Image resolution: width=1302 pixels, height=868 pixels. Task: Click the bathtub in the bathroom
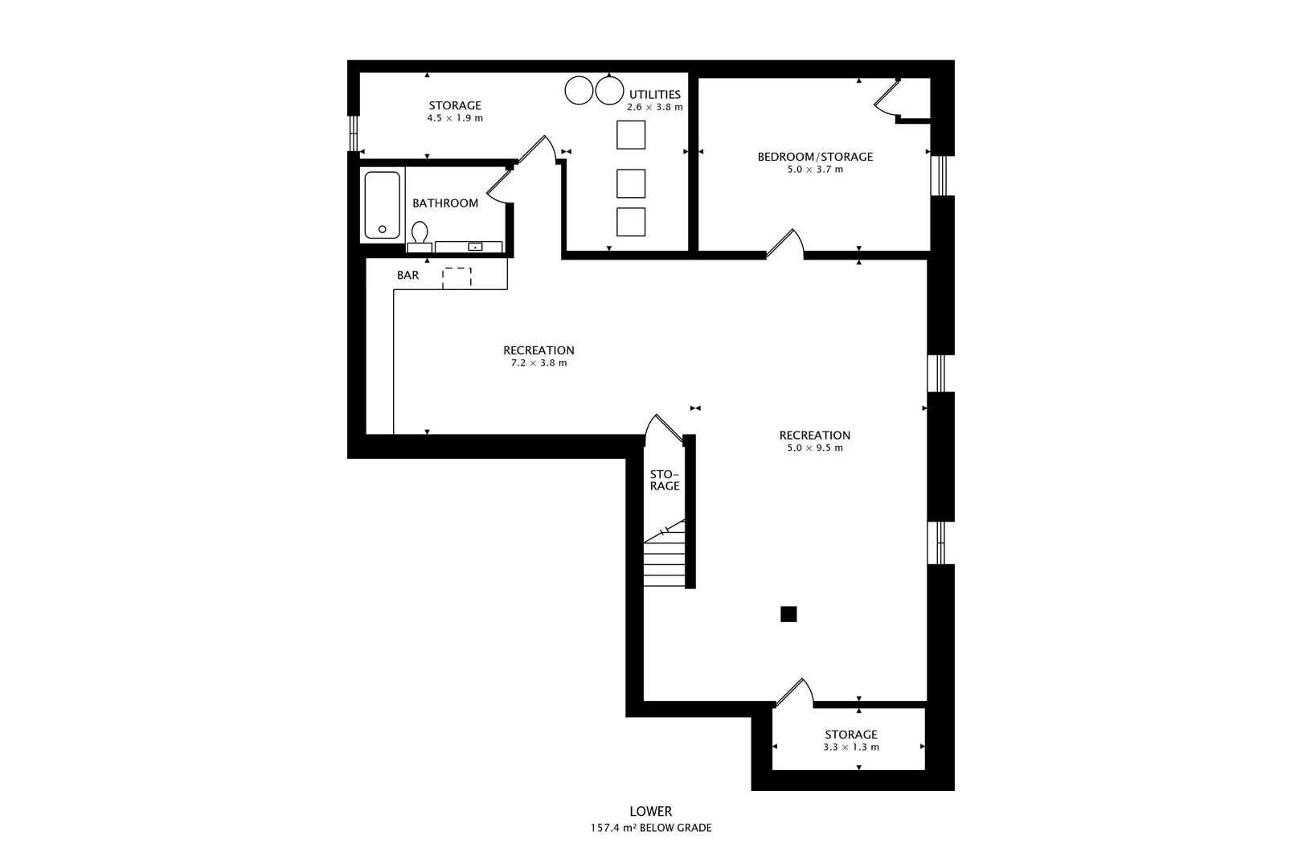click(382, 205)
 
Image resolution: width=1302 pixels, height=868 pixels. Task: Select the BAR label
click(408, 275)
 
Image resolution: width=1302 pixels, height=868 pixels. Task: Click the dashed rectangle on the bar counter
click(457, 277)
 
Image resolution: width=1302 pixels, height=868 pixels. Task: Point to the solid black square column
click(788, 614)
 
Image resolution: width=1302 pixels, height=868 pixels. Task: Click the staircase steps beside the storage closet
click(665, 557)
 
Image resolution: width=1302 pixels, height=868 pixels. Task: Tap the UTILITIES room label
click(655, 94)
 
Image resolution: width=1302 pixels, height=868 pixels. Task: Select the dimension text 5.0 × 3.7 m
click(815, 170)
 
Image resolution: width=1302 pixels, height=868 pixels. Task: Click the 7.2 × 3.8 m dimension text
click(538, 363)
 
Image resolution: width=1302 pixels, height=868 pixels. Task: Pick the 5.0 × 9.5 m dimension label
click(815, 448)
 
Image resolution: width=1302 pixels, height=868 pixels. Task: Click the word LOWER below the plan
click(651, 811)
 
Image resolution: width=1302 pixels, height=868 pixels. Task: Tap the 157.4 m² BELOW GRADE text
click(651, 828)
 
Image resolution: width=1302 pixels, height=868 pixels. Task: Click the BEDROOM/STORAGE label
click(815, 157)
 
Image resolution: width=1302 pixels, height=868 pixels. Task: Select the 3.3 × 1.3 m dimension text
click(851, 747)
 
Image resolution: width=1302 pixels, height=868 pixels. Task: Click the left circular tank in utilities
click(579, 91)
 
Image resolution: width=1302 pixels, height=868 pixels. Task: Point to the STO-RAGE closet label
click(665, 481)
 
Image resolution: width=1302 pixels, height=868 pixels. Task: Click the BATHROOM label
click(445, 203)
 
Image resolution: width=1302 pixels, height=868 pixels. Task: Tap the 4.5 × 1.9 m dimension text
click(455, 118)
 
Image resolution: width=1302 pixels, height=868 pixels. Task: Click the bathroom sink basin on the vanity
click(476, 247)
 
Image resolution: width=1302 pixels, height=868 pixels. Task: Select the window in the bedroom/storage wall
click(939, 175)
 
